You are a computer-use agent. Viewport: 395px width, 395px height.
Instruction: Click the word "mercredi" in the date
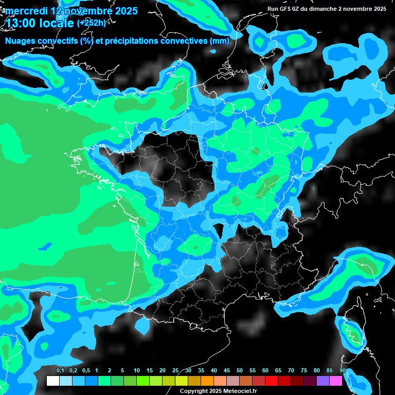click(x=26, y=11)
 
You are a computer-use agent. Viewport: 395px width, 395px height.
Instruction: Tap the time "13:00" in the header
click(x=21, y=23)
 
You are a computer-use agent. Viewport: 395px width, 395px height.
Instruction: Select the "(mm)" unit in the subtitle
click(x=221, y=41)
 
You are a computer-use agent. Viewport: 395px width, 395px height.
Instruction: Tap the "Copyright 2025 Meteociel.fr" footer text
click(x=218, y=391)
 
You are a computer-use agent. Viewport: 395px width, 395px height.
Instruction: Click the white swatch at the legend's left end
click(x=52, y=381)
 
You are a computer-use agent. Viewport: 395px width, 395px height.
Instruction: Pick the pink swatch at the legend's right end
click(x=336, y=381)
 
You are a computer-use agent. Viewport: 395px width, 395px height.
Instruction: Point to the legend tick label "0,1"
click(x=60, y=370)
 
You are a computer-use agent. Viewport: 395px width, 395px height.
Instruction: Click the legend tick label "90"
click(x=342, y=370)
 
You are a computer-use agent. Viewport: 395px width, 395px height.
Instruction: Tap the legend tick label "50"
click(x=240, y=370)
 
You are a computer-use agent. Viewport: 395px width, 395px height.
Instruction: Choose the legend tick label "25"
click(x=175, y=370)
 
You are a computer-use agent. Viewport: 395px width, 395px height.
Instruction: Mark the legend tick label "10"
click(x=137, y=370)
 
